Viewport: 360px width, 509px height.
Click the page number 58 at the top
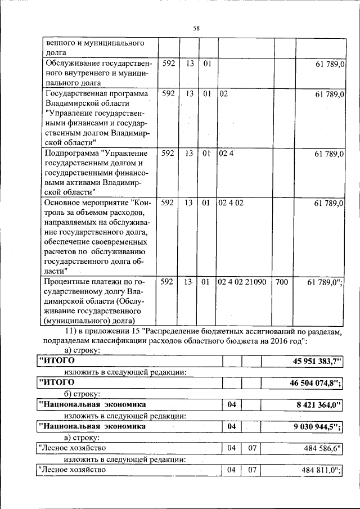click(x=196, y=28)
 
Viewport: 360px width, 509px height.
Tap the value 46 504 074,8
click(x=310, y=382)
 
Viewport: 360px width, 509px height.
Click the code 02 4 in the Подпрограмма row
click(x=226, y=153)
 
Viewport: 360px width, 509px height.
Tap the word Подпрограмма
click(x=72, y=153)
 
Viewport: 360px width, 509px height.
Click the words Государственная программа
click(x=96, y=93)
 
